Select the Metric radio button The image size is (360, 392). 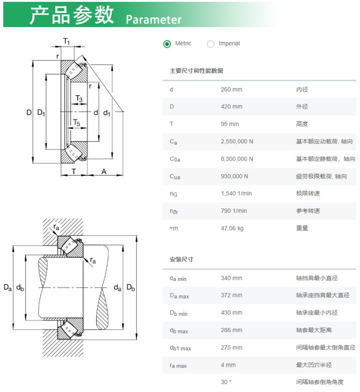point(167,44)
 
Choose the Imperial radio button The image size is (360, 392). point(211,44)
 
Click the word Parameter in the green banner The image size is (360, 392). point(154,20)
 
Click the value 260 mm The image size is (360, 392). point(232,90)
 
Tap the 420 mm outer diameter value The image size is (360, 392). point(232,106)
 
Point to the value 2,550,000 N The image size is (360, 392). point(237,141)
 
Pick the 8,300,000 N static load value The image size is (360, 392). point(237,159)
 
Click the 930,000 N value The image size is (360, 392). point(234,176)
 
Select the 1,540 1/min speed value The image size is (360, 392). point(236,194)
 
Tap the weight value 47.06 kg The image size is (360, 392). point(232,228)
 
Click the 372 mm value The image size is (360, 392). point(232,295)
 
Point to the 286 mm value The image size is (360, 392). point(232,330)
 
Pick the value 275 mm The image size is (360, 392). point(232,348)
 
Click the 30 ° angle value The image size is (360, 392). point(226,382)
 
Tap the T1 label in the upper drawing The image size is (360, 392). point(67,41)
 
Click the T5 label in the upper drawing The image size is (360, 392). point(77,123)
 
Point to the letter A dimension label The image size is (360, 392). point(104,172)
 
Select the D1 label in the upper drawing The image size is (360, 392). point(41,113)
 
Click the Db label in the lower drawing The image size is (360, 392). point(131,287)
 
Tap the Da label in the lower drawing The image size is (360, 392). point(7,287)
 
